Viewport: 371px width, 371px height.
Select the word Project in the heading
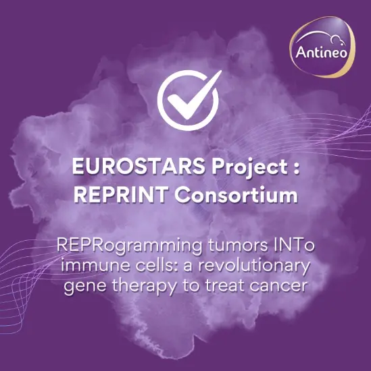click(x=242, y=169)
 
